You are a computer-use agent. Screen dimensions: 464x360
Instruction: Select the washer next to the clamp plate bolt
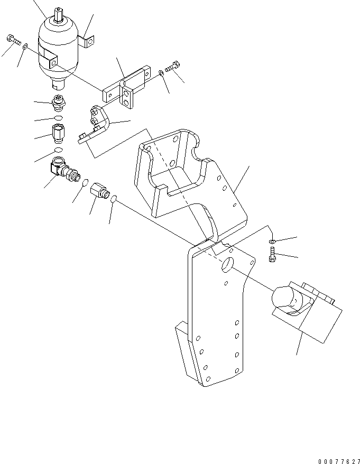click(161, 73)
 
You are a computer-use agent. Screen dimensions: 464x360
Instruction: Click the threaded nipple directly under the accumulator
click(58, 103)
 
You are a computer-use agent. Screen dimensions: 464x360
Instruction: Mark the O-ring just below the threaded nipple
click(58, 117)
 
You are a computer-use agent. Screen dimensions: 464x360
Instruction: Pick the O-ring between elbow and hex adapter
click(84, 183)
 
